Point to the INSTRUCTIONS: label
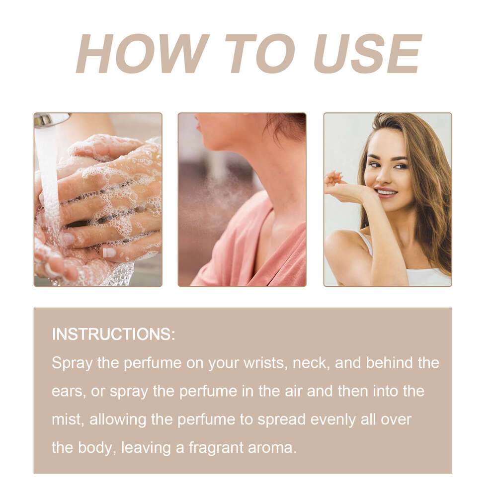113,334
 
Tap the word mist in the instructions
67,419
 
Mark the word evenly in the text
333,419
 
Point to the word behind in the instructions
388,362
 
